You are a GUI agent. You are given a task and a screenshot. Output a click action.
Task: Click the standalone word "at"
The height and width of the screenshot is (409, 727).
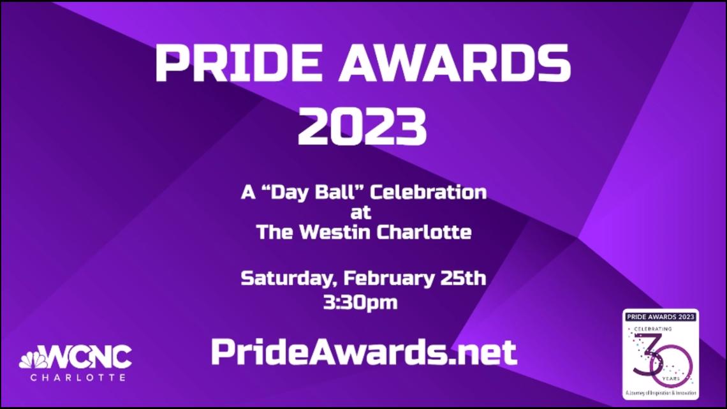[363, 212]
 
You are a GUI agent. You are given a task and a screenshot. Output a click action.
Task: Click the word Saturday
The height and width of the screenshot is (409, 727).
[286, 279]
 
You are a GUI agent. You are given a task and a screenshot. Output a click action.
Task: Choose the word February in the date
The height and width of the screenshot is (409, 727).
[389, 279]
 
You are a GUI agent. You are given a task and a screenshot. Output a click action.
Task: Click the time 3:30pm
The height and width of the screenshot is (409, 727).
[360, 302]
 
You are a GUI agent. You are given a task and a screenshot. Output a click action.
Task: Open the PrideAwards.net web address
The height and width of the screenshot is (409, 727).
[363, 352]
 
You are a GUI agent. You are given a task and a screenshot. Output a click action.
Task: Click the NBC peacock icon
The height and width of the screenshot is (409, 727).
[32, 359]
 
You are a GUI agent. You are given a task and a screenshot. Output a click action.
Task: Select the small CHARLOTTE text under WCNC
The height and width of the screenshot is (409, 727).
[78, 378]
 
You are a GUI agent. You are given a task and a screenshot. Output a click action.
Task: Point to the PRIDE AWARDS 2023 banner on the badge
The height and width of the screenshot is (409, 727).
[660, 316]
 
